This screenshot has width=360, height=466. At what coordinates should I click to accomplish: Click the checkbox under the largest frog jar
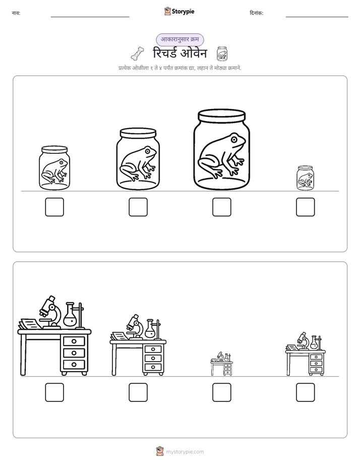[221, 207]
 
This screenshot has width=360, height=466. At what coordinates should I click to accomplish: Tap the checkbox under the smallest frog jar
[306, 207]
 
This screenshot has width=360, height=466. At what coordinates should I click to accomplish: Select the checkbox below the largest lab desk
[54, 392]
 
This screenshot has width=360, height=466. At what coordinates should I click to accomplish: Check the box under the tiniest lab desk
[221, 392]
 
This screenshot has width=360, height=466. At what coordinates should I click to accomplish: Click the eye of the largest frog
[234, 139]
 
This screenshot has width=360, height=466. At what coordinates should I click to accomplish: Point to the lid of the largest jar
[221, 115]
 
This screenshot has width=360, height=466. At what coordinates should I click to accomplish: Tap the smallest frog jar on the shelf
[305, 178]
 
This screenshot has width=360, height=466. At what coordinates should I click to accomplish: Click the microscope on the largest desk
[50, 312]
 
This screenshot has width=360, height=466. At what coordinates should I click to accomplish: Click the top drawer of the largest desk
[74, 341]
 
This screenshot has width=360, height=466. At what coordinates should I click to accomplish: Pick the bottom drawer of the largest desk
[74, 364]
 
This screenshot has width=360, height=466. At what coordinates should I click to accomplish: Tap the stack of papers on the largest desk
[30, 324]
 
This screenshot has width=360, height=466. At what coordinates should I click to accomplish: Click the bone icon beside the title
[138, 53]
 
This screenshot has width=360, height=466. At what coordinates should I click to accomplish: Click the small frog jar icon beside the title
[222, 53]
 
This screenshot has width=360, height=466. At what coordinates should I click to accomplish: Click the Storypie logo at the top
[179, 11]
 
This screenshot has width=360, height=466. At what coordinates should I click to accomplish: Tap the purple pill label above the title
[180, 39]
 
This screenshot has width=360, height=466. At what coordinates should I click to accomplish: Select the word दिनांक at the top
[256, 13]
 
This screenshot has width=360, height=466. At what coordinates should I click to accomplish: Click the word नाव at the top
[16, 13]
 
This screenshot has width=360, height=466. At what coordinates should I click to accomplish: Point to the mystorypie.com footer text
[185, 452]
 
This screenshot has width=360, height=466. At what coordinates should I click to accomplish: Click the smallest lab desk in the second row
[221, 364]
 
